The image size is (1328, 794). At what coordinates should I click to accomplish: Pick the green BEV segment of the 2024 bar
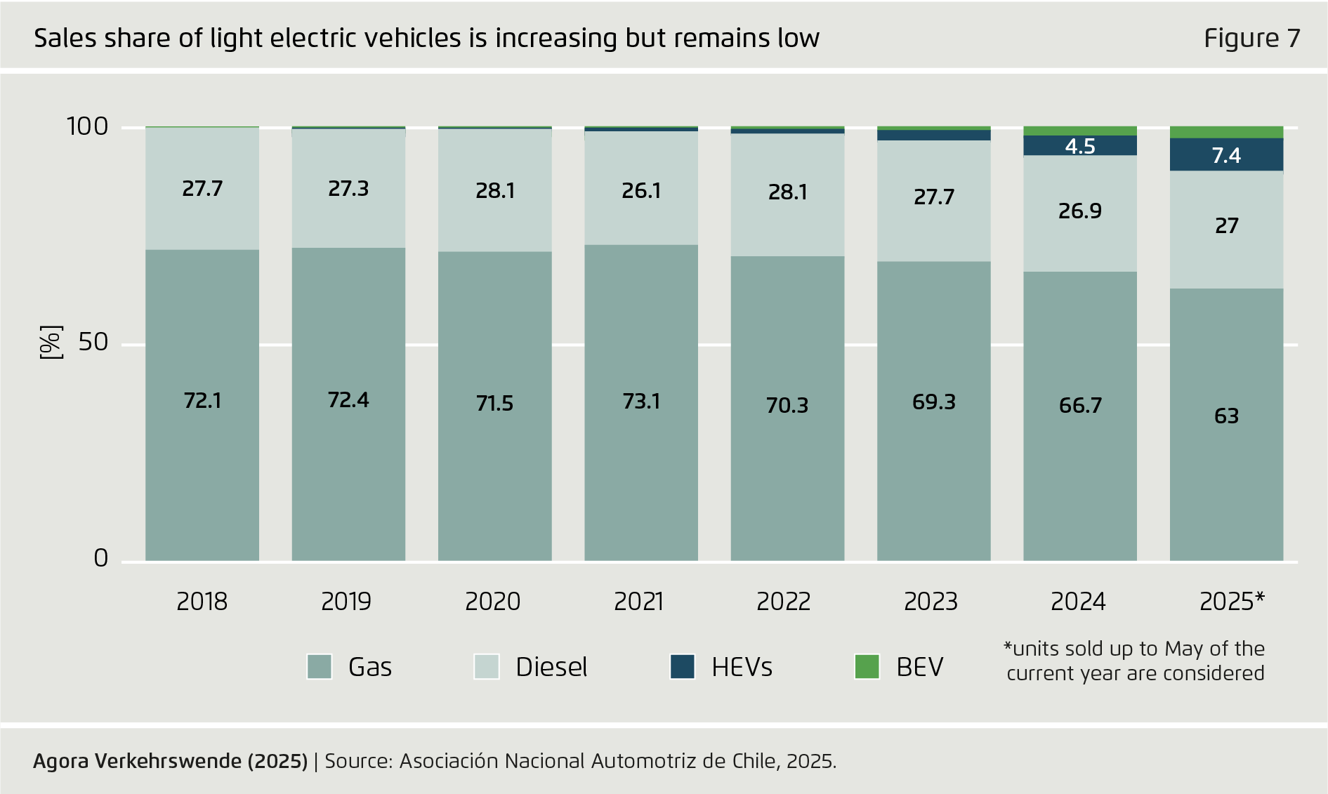click(1080, 131)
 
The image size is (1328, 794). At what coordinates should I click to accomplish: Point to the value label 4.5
click(1080, 146)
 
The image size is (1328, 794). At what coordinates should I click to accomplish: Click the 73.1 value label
click(641, 401)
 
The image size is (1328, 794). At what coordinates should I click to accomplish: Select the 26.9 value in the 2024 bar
click(1080, 211)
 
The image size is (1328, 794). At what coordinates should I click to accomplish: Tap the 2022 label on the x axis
click(784, 602)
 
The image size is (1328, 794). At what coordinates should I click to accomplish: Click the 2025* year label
click(1232, 602)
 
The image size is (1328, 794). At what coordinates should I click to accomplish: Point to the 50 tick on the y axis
click(93, 343)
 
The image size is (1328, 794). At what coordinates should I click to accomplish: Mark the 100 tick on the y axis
click(87, 126)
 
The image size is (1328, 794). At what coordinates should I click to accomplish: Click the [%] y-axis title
click(51, 343)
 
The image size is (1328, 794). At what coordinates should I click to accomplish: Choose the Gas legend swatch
click(320, 666)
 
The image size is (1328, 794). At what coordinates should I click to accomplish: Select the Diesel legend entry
click(551, 667)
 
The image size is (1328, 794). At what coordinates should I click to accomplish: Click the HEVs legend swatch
click(683, 666)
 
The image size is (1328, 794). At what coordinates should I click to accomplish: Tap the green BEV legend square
click(867, 666)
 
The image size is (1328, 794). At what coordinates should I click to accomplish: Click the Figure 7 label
click(1252, 38)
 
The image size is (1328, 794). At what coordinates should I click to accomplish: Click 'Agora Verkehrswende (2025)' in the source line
click(171, 761)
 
